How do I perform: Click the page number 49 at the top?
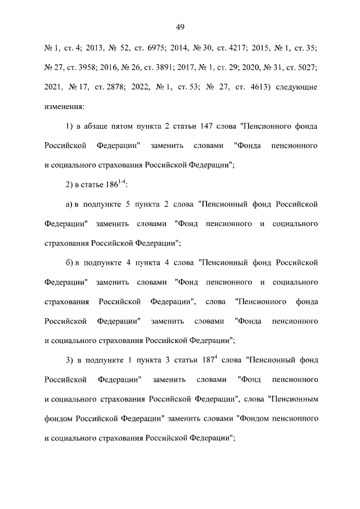181,27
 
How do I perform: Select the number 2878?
113,87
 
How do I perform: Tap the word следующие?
296,87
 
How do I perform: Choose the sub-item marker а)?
70,204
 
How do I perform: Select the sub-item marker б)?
70,262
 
